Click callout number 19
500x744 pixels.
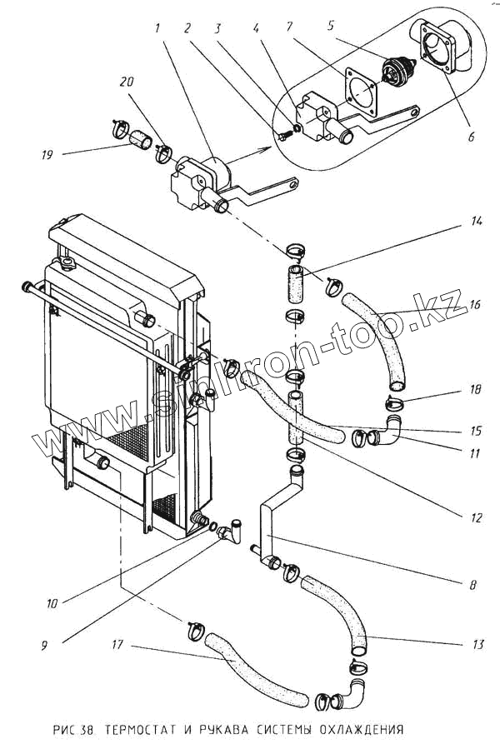click(47, 155)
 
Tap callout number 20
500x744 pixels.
click(126, 82)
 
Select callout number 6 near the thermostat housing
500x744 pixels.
click(471, 137)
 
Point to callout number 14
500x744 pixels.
click(477, 221)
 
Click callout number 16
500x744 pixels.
click(475, 305)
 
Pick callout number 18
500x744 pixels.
click(475, 389)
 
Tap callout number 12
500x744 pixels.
click(476, 517)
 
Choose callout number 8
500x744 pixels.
click(472, 585)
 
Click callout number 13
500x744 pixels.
click(477, 644)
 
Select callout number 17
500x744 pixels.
click(117, 644)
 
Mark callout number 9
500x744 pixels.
click(44, 646)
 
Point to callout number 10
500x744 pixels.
click(52, 603)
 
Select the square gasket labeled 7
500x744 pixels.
click(362, 92)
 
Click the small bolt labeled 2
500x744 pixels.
click(283, 136)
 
